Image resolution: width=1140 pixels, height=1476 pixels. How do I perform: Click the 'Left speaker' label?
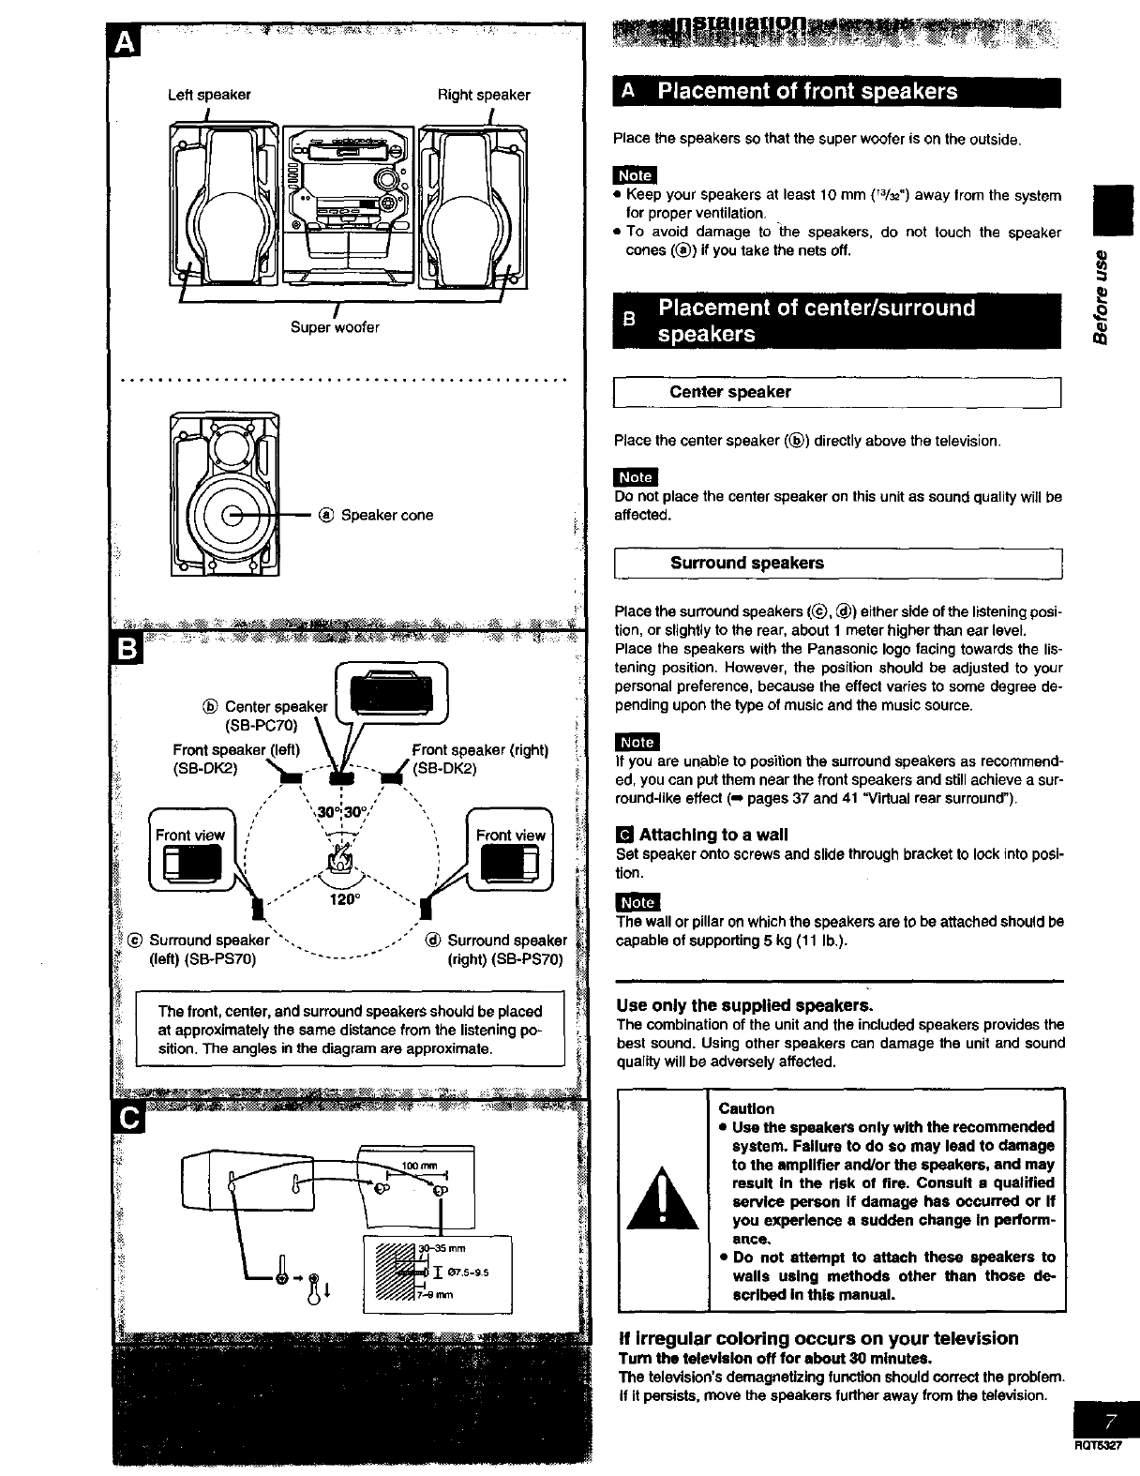coord(209,95)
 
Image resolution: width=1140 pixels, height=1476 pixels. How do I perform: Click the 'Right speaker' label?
coord(484,95)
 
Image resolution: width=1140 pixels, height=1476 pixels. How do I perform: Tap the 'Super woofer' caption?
coord(335,327)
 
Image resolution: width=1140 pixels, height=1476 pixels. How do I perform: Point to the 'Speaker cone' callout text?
coord(386,515)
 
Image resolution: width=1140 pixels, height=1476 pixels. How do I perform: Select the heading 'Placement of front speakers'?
coord(807,91)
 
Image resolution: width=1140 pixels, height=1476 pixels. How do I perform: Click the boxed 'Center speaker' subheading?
coord(730,392)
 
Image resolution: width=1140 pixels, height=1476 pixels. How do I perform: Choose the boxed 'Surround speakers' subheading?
coord(746,563)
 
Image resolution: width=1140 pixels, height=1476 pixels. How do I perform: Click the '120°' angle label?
coord(345,899)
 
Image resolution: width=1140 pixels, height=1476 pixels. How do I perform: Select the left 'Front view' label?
coord(190,835)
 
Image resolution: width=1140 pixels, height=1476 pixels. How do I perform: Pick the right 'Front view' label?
coord(510,835)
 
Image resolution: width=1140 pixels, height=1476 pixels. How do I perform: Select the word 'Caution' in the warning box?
coord(746,1108)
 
